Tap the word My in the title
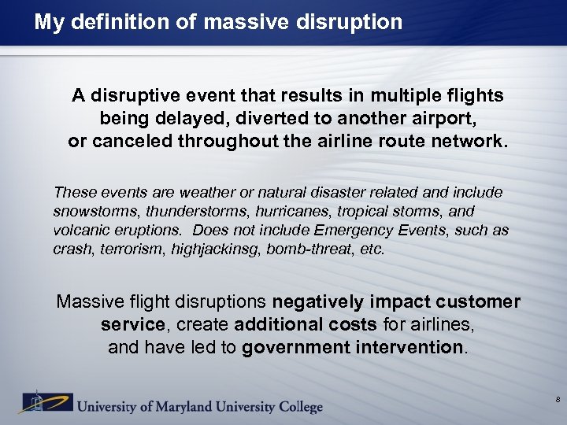point(49,21)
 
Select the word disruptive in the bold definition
point(129,96)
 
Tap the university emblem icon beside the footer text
point(33,402)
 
